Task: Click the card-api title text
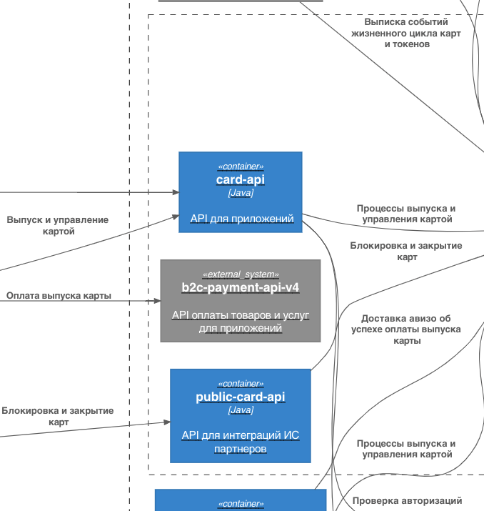click(241, 180)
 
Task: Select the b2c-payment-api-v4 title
click(240, 288)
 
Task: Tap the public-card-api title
click(240, 397)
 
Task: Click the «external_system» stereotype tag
click(240, 274)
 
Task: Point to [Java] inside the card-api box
click(241, 193)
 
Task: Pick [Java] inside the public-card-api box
click(240, 410)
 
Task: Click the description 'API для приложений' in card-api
click(241, 218)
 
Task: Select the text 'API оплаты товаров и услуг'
click(240, 315)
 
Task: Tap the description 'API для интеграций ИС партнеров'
click(240, 442)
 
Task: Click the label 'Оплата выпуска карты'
click(59, 295)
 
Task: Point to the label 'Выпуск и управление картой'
click(57, 225)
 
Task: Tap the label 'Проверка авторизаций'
click(407, 501)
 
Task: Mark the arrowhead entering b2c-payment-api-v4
click(156, 301)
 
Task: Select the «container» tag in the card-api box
click(241, 167)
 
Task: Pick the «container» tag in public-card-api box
click(240, 384)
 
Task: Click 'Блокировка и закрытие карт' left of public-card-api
click(57, 417)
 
